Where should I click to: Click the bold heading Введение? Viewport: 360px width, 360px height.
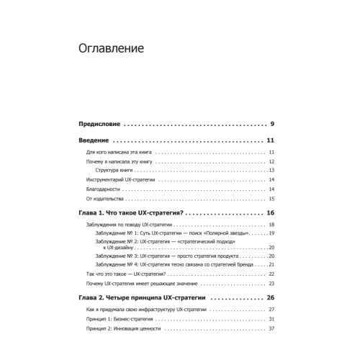[94, 140]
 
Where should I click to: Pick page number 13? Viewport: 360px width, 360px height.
[272, 170]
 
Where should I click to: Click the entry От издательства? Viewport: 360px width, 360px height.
[106, 198]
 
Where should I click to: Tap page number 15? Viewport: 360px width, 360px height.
[272, 198]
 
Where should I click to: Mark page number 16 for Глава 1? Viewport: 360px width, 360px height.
[271, 214]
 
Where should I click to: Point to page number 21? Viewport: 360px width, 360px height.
[272, 264]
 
